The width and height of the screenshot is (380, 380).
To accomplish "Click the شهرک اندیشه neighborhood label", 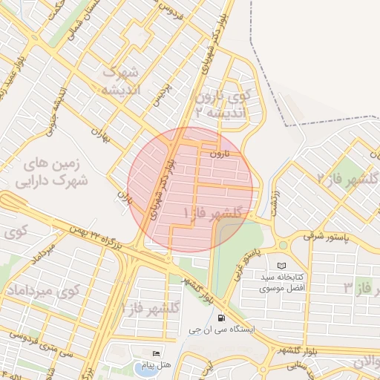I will [x=121, y=82].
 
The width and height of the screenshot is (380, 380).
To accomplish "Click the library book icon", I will [x=281, y=266].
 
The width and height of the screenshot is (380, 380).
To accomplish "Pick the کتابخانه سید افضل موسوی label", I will [x=281, y=281].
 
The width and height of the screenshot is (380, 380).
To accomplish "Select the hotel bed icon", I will [x=155, y=353].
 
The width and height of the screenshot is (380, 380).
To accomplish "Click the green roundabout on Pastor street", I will [x=283, y=245].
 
